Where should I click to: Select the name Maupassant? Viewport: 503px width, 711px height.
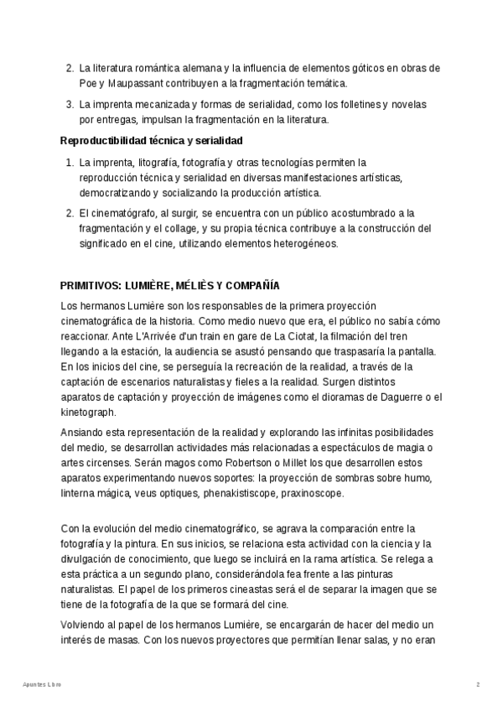click(x=137, y=83)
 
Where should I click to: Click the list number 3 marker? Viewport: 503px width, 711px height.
click(x=69, y=105)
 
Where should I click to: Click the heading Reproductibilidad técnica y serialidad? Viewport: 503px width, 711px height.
click(x=152, y=140)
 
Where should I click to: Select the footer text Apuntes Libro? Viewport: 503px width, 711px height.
click(x=42, y=684)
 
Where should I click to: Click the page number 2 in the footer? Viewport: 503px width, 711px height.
click(x=478, y=684)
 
